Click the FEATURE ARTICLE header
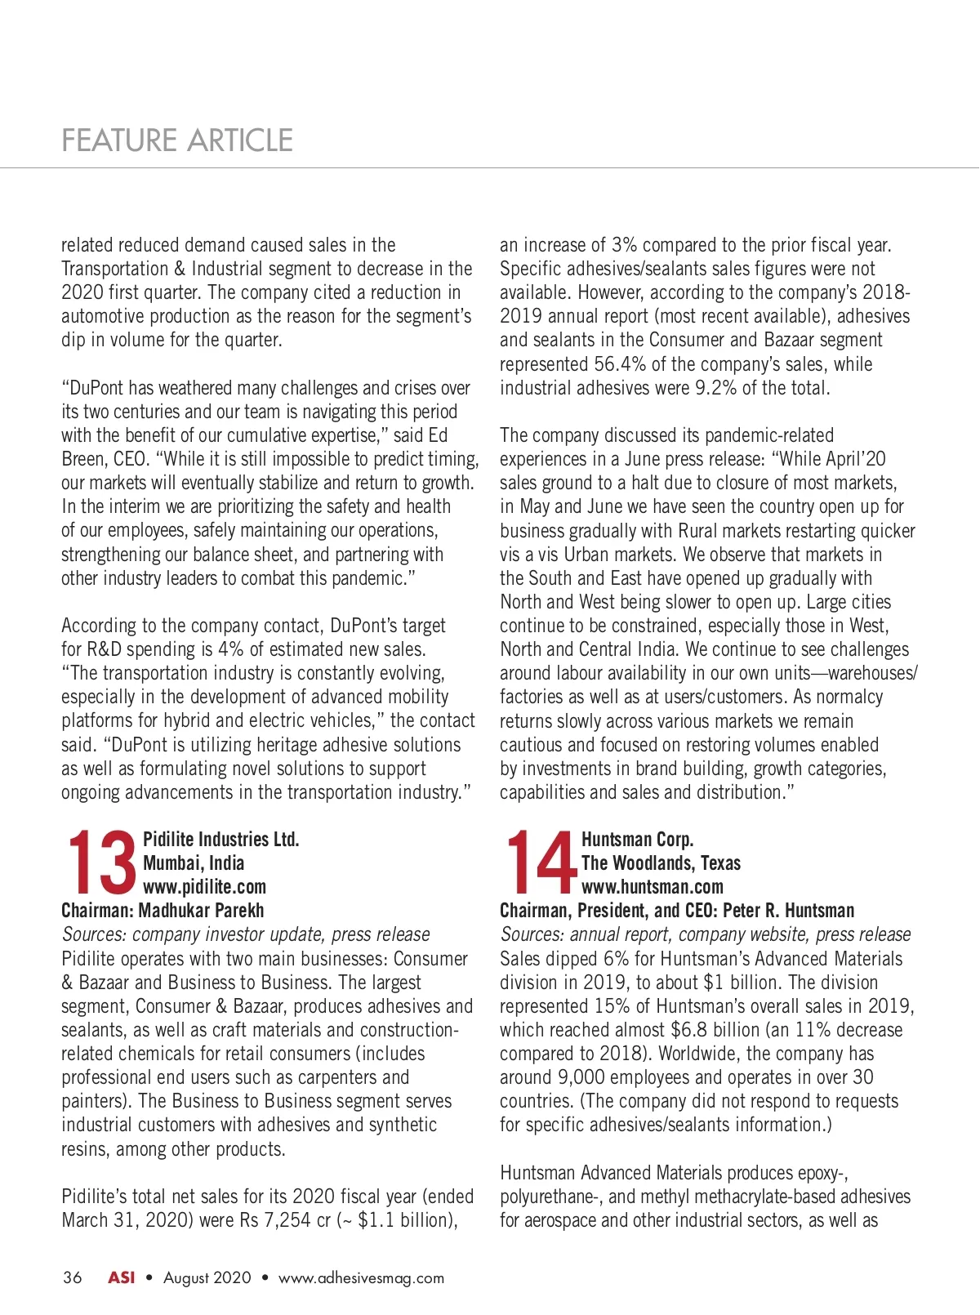coord(177,140)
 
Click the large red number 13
coord(100,863)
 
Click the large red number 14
coord(540,863)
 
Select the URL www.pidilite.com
coord(204,887)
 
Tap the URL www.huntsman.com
coord(652,887)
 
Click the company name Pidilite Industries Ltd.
coord(220,840)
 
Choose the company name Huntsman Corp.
coord(637,840)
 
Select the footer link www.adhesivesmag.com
coord(361,1278)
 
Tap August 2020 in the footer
coord(207,1278)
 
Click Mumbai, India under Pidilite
coord(194,863)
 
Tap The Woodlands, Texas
coord(661,863)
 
